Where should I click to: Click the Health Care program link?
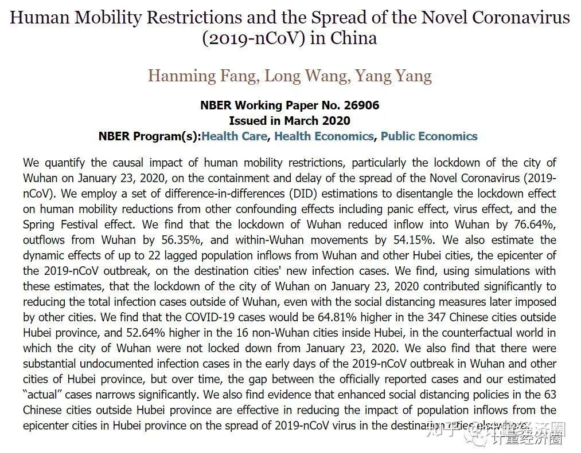234,136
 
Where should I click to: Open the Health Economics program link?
323,136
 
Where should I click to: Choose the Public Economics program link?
429,136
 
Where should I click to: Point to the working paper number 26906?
360,105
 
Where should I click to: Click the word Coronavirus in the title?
521,17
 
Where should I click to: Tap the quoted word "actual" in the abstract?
44,395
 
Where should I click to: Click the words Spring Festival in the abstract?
65,224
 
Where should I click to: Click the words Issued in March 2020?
290,121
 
